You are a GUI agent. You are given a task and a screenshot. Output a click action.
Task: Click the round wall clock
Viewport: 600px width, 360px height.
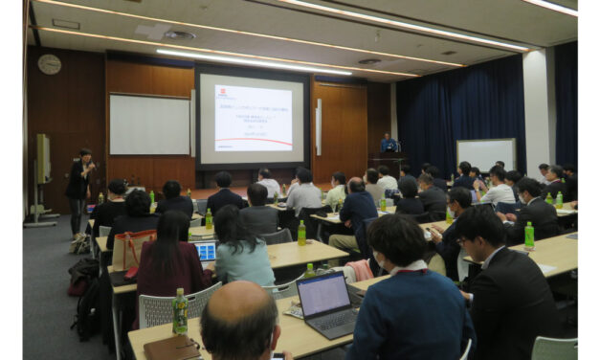point(49,64)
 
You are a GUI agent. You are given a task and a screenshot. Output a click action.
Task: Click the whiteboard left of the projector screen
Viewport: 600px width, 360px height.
point(149,124)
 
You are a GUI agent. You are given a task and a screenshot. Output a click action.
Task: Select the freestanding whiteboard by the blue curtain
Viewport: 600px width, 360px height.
point(485,154)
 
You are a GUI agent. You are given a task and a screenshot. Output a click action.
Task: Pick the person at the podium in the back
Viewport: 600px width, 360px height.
point(389,144)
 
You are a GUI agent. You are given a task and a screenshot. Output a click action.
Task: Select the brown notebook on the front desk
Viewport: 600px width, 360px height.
point(173,348)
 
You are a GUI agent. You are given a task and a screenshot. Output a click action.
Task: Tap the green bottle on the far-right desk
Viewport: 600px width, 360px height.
point(528,236)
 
